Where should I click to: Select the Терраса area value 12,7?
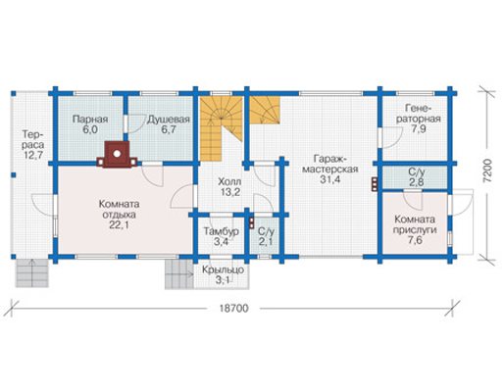(33, 155)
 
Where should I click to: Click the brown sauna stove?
(117, 154)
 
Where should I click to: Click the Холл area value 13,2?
(230, 192)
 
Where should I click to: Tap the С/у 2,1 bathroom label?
(266, 236)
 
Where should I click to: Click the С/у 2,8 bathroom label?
(417, 176)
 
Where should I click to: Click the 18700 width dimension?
(233, 309)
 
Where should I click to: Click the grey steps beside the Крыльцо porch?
(179, 274)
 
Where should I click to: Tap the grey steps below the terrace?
(32, 272)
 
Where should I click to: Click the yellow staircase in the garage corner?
(265, 110)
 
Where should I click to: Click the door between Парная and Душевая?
(126, 123)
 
